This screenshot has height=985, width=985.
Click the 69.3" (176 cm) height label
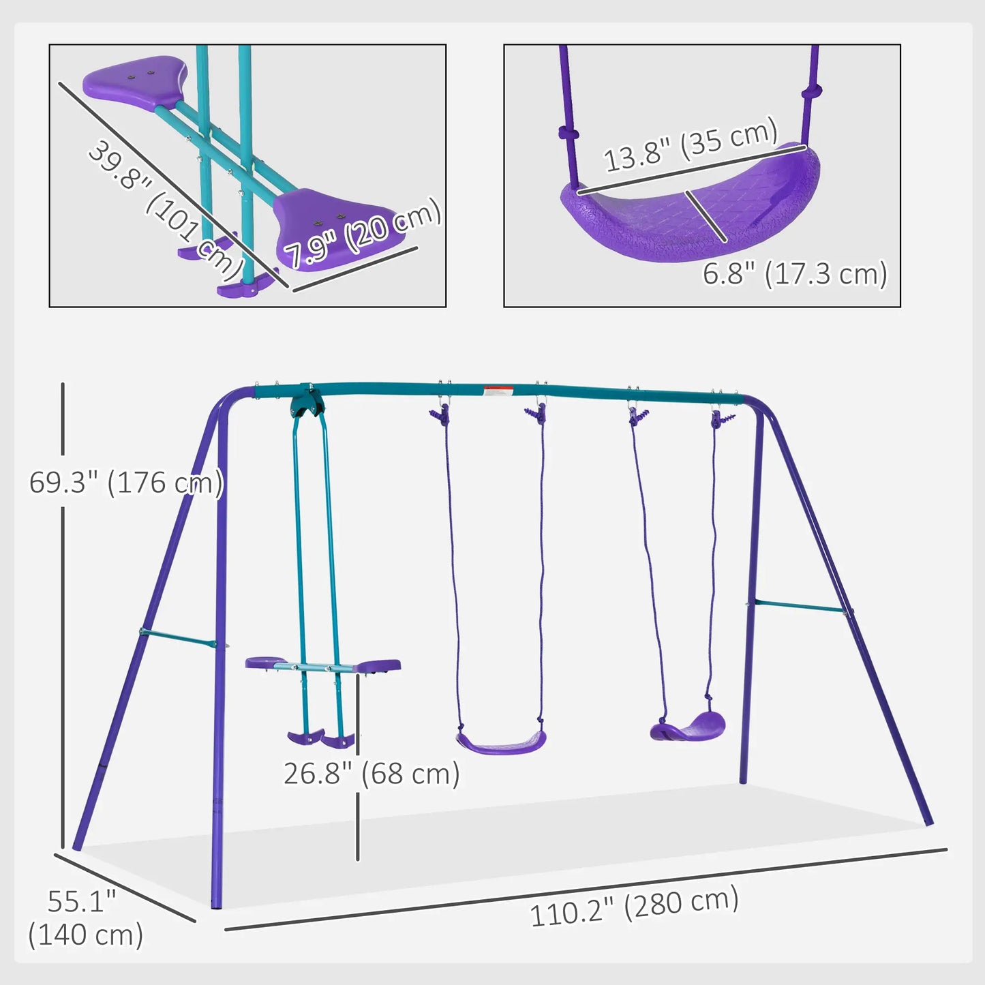[x=126, y=483]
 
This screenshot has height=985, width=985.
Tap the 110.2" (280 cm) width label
[x=634, y=907]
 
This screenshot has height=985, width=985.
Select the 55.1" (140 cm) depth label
[x=85, y=918]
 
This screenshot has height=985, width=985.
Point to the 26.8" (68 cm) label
[x=372, y=774]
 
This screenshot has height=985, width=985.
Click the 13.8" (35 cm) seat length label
[x=691, y=144]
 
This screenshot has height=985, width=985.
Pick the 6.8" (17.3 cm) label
[x=795, y=274]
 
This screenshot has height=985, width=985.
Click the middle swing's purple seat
[x=502, y=742]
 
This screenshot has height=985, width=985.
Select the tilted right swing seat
[x=688, y=727]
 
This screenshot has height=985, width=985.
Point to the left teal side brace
[x=179, y=639]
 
